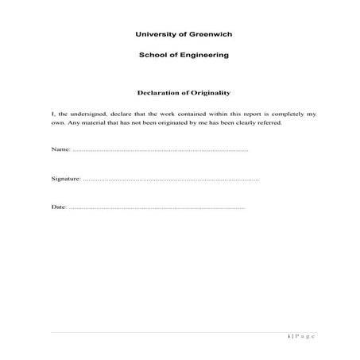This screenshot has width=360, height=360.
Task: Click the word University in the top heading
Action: click(153, 35)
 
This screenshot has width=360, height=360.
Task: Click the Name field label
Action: click(60, 149)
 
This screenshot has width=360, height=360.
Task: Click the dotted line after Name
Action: click(159, 150)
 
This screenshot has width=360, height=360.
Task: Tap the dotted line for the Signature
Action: click(170, 180)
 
